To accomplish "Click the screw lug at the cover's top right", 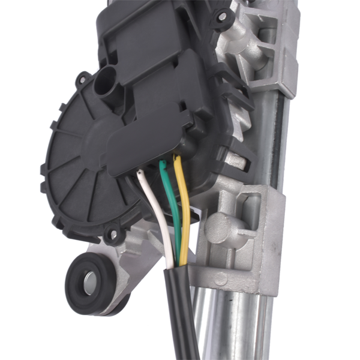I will (223, 18).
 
